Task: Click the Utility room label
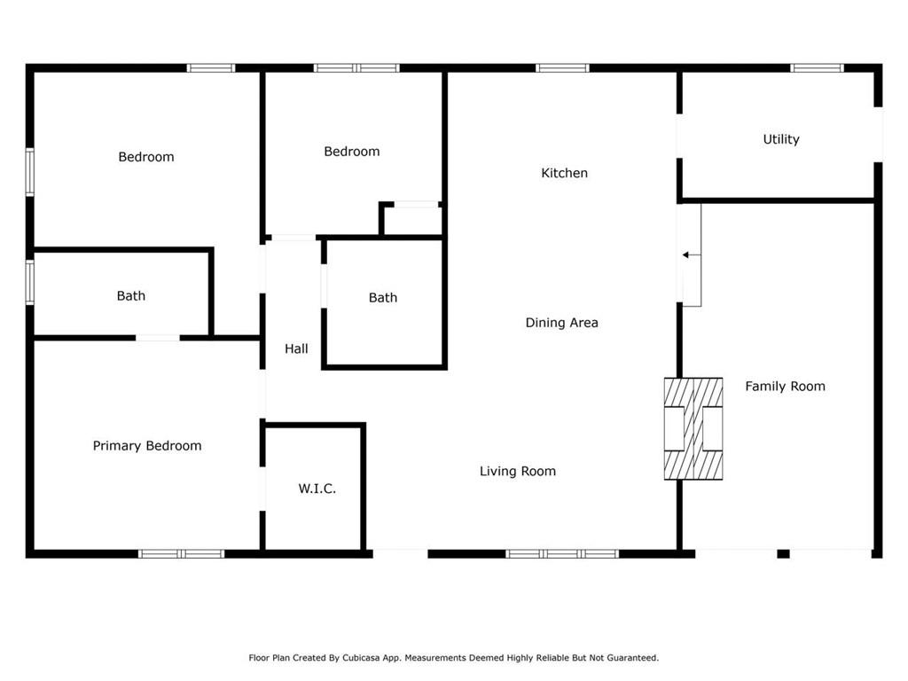[781, 139]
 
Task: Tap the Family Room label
[785, 386]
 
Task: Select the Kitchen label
[564, 173]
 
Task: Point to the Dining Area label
[561, 323]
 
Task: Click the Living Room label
[518, 471]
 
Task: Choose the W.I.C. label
[317, 489]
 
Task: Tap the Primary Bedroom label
[147, 446]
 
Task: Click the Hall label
[296, 348]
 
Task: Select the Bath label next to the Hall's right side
[383, 298]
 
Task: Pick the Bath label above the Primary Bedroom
[131, 296]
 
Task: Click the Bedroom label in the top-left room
[146, 157]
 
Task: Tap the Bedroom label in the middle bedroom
[351, 152]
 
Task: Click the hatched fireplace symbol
[693, 429]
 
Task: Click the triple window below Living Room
[562, 553]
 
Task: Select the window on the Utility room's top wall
[817, 67]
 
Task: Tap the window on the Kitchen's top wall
[562, 67]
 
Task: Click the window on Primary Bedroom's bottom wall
[182, 553]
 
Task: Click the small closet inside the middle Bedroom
[412, 220]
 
